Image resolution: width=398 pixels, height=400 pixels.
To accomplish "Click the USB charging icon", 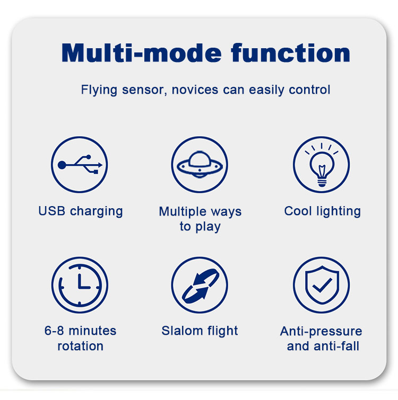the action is (80, 165).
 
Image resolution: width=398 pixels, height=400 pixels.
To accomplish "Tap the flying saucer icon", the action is (200, 165).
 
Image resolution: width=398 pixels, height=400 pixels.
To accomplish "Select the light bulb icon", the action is (322, 165).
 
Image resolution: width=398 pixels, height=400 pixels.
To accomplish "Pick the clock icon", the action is (80, 285).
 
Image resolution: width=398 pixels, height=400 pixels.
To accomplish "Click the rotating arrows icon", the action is (200, 285).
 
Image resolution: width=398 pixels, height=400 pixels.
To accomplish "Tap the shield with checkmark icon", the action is (322, 285).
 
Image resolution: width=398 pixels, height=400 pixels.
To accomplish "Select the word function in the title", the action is (290, 53).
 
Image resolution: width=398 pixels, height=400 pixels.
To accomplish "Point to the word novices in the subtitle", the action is (195, 90).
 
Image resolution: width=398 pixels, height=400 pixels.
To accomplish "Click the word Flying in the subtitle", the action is (99, 90).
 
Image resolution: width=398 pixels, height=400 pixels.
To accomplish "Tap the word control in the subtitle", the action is (309, 90).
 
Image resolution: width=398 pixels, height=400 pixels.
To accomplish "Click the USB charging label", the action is (81, 211).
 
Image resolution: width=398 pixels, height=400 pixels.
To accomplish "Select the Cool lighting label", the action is (323, 211).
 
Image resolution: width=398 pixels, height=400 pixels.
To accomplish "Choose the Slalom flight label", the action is (200, 331).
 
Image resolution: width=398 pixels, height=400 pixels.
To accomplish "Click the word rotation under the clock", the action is (81, 346).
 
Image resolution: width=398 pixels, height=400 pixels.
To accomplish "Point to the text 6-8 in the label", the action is (54, 331).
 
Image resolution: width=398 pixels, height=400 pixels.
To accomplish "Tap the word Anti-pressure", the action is (321, 332).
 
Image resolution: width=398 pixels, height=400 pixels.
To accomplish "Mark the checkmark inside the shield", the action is (323, 285).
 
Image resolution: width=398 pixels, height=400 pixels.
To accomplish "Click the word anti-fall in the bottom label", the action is (336, 346).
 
